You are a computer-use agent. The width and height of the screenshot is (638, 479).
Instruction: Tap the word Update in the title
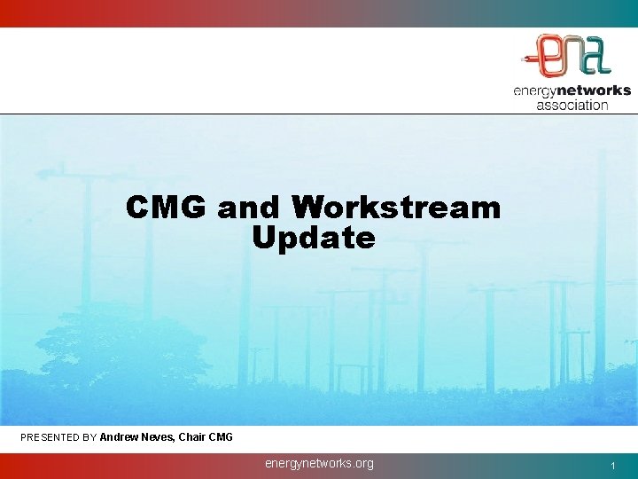click(x=313, y=238)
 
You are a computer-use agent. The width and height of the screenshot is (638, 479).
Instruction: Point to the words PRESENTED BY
click(x=58, y=437)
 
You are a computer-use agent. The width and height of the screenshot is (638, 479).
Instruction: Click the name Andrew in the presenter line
click(x=120, y=437)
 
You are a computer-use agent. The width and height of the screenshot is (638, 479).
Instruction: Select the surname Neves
click(x=160, y=437)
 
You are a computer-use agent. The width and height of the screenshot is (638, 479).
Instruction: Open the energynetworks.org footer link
click(x=319, y=463)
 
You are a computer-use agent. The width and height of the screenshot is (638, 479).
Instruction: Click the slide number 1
click(x=612, y=466)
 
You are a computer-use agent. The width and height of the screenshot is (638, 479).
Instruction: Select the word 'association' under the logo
click(x=572, y=105)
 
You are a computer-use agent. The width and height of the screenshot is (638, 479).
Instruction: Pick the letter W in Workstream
click(x=308, y=208)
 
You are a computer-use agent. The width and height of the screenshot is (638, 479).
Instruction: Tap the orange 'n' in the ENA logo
click(x=574, y=55)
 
